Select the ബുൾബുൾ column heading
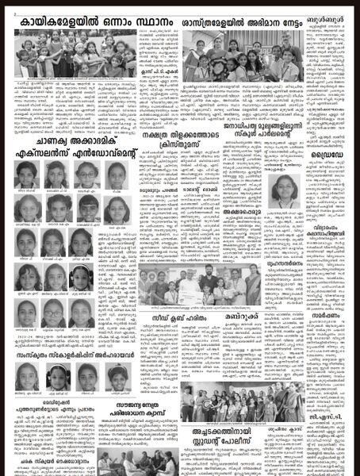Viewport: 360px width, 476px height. tap(330, 14)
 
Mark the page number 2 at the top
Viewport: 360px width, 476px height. tap(5, 4)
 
